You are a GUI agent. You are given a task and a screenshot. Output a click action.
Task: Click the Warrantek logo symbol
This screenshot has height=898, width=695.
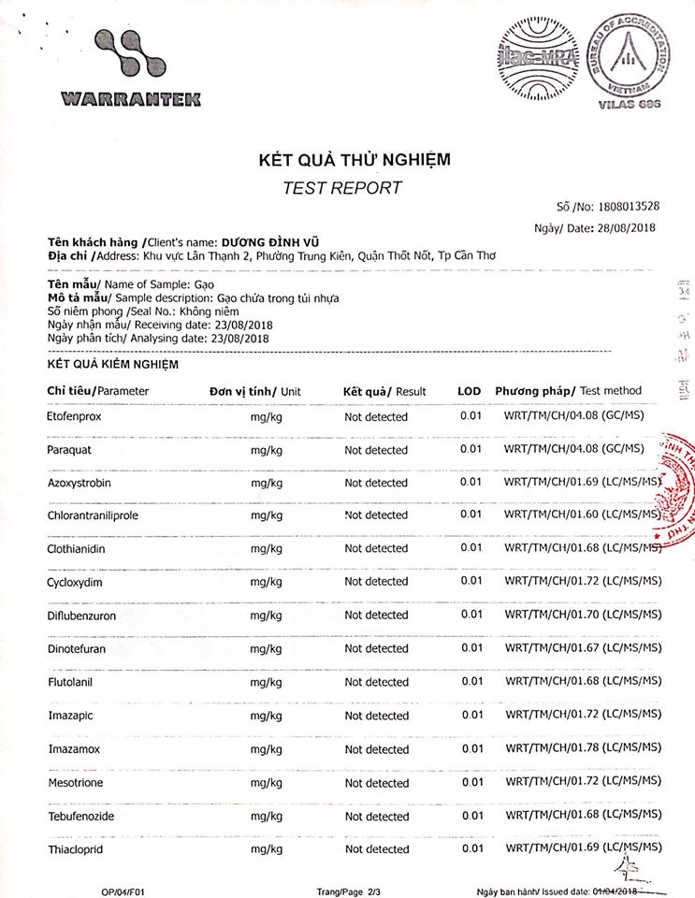[x=130, y=57]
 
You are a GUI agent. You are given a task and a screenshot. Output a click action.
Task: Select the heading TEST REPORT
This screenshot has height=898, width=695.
[x=342, y=187]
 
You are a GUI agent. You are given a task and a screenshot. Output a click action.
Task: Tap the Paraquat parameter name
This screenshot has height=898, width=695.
[x=68, y=450]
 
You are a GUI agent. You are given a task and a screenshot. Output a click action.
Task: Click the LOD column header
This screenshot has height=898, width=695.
[x=470, y=391]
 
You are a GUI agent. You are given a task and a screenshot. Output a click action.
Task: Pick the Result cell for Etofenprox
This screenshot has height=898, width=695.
[x=376, y=417]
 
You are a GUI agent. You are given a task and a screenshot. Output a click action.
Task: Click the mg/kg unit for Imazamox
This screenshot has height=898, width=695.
[x=267, y=749]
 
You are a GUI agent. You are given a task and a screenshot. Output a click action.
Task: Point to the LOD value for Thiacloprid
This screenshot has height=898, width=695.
[x=472, y=848]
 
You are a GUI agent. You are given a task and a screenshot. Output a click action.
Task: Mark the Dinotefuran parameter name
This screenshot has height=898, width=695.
[x=77, y=648]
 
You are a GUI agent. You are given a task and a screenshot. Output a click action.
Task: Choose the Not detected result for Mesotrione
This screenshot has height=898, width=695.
[x=376, y=783]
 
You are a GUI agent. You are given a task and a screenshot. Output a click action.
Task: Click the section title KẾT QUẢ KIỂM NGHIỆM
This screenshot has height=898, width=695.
[x=113, y=364]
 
